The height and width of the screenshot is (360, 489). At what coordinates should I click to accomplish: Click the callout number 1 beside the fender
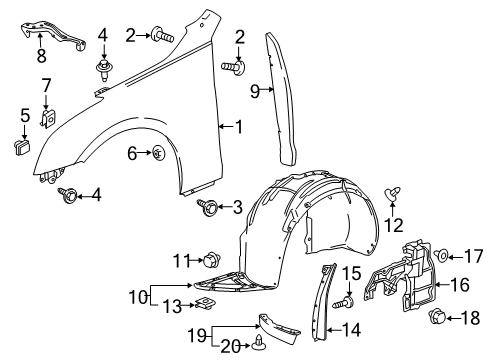[237, 126]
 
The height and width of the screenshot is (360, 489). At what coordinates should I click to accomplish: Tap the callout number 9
[254, 92]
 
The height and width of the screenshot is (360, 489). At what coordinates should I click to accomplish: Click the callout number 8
[41, 54]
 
